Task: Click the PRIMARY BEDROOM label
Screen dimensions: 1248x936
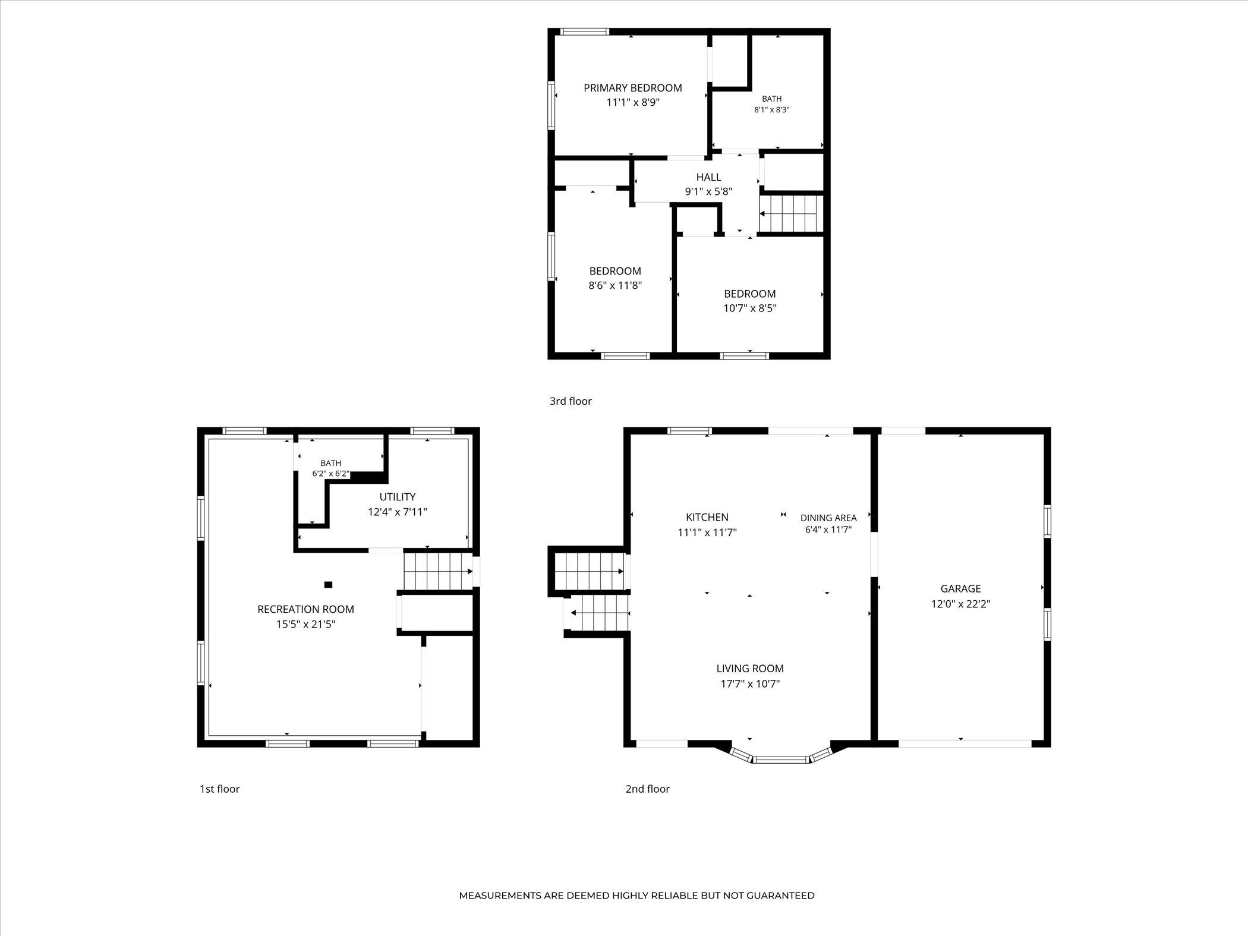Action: click(632, 88)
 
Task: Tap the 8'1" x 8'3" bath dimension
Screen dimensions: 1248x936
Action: click(771, 110)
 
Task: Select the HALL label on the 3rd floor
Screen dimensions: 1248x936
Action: click(708, 177)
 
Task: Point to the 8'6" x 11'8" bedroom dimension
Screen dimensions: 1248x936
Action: click(615, 285)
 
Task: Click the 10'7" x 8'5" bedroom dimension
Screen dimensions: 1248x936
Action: click(750, 308)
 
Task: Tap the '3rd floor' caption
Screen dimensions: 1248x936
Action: click(571, 401)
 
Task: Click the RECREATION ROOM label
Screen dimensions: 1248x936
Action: click(305, 609)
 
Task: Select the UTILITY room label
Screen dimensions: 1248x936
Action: click(398, 497)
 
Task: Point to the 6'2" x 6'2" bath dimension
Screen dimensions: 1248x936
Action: click(331, 474)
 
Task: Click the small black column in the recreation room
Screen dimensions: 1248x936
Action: click(328, 585)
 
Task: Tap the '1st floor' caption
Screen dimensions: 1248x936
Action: click(219, 789)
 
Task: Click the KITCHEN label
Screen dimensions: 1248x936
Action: click(707, 518)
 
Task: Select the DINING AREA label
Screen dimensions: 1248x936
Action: click(828, 518)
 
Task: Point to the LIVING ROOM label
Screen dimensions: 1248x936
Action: click(750, 669)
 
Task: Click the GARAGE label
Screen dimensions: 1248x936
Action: click(960, 589)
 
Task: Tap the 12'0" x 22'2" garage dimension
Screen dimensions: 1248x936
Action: click(960, 604)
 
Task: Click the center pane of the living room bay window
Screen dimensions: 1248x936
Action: click(781, 759)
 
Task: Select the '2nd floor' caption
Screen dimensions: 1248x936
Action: click(647, 789)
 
